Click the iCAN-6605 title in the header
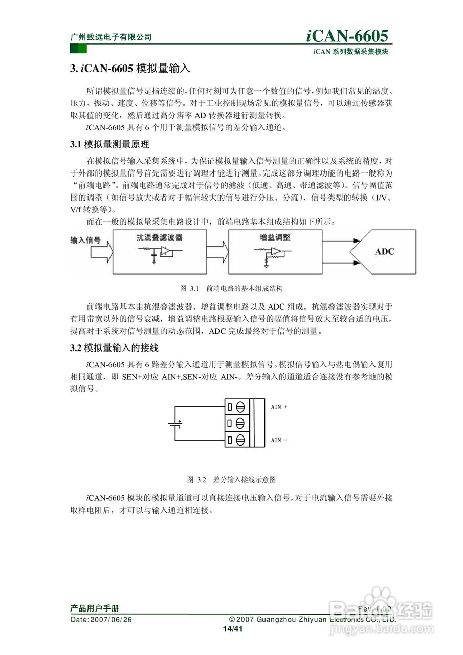coord(347,35)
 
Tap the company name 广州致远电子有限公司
coord(111,37)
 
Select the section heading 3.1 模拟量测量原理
coord(109,144)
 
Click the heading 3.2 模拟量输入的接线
coord(114,348)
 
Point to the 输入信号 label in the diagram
coord(85,239)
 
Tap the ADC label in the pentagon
coord(385,251)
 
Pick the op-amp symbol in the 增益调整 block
coord(276,251)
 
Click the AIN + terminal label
coord(279,407)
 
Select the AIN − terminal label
coord(279,440)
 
